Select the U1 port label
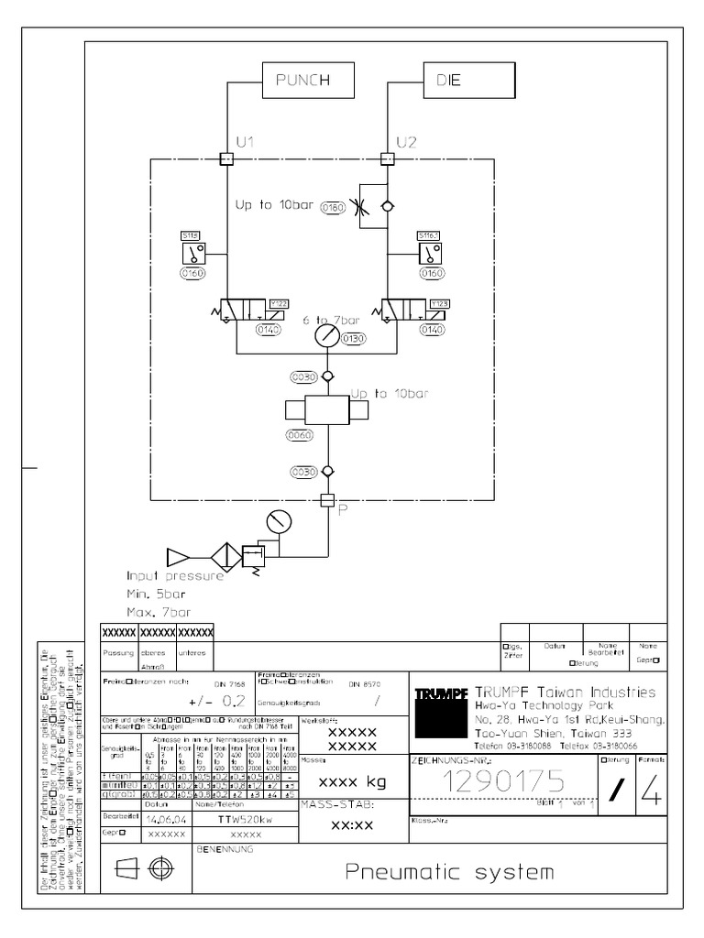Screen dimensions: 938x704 (245, 141)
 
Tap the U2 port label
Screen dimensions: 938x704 (406, 141)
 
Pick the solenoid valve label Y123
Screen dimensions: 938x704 (414, 303)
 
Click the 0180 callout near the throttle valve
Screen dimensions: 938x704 (333, 208)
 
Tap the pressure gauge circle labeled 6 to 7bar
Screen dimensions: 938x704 (325, 337)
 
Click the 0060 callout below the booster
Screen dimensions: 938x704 (300, 435)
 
